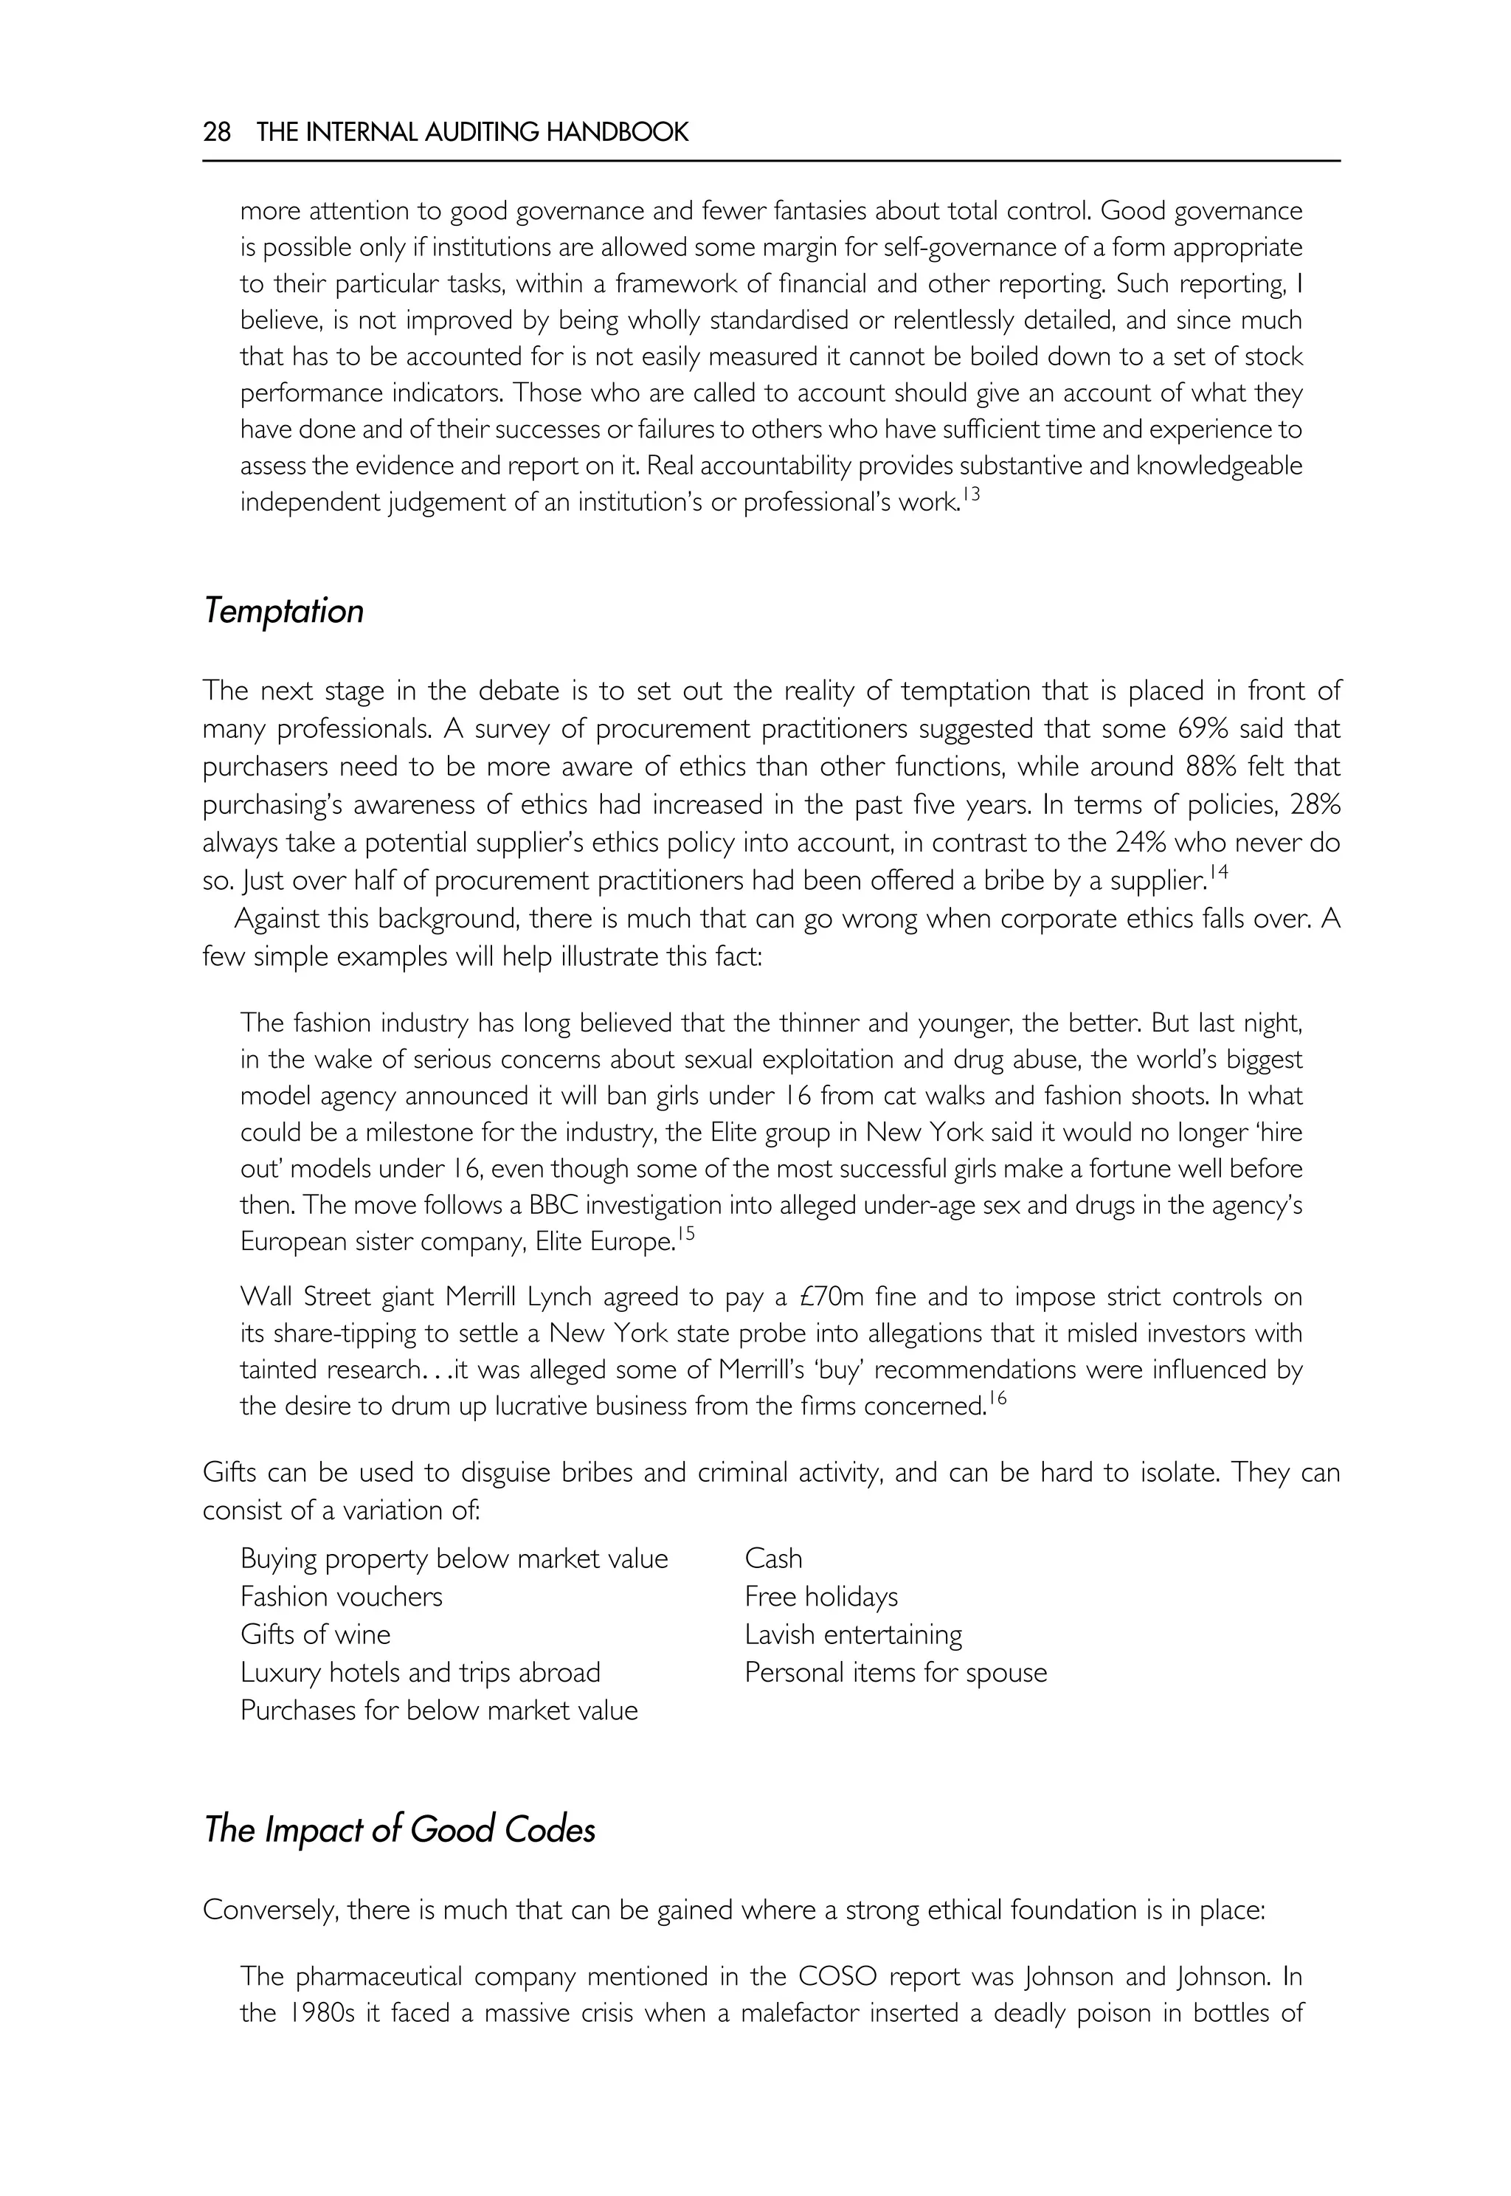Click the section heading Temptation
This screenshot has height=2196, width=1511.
tap(283, 611)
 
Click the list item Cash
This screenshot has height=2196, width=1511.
tap(772, 1558)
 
